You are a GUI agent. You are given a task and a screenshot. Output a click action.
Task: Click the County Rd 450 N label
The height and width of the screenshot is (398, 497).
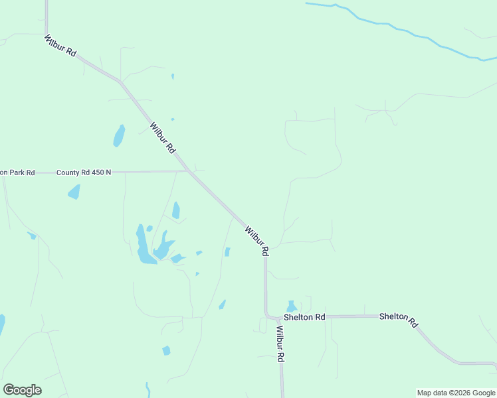84,172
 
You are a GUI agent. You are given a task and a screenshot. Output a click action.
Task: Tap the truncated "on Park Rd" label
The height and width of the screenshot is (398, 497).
17,172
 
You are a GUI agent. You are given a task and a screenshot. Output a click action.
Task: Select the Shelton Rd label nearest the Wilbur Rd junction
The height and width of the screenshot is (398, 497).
304,317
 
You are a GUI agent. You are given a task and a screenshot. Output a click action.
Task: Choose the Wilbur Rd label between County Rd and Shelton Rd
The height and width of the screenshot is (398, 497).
256,241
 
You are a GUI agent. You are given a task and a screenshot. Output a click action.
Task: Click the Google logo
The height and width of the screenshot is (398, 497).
22,390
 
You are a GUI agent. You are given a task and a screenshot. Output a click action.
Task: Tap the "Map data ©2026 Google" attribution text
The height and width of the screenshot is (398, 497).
456,393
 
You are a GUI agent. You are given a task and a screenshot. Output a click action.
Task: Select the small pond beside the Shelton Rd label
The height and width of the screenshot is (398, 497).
291,306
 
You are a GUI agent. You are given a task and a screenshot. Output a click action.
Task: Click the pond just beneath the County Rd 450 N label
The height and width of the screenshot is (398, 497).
74,192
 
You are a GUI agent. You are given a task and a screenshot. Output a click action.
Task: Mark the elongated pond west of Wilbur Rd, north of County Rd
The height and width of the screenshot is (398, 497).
119,136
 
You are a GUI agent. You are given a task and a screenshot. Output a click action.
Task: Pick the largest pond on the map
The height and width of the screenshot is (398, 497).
142,245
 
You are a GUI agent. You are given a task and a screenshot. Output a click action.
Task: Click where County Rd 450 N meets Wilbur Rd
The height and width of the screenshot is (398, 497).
189,171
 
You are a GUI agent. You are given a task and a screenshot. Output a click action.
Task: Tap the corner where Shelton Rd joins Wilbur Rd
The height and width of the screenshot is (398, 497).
267,316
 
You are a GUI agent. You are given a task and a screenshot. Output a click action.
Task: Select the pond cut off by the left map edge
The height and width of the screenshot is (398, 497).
1,325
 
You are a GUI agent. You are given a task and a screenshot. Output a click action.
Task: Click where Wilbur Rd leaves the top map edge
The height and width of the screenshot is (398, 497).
47,2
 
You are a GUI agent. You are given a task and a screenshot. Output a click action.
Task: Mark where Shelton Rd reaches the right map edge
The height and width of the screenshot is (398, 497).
494,364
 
